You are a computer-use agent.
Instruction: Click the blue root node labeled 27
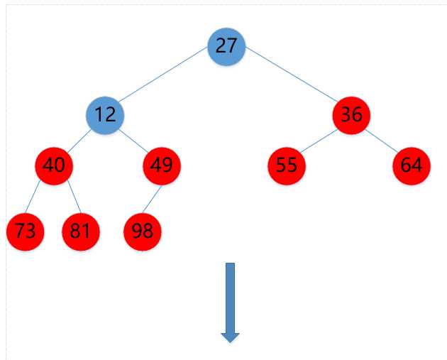[x=226, y=46]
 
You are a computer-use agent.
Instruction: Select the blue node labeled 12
[x=105, y=114]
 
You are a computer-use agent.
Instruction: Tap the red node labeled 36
[x=351, y=114]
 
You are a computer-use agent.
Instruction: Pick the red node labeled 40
[x=54, y=165]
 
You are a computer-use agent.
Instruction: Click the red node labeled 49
[x=162, y=165]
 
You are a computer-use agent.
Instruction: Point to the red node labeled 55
[x=287, y=165]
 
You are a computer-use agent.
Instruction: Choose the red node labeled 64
[x=411, y=165]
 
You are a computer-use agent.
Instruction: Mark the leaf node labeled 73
[x=25, y=231]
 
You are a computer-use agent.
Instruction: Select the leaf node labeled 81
[x=81, y=231]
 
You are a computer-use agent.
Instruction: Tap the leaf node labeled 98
[x=143, y=231]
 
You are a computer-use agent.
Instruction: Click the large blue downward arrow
[x=230, y=302]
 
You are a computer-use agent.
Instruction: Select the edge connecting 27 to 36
[x=289, y=80]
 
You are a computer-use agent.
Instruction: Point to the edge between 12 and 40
[x=79, y=140]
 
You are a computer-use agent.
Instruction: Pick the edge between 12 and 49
[x=133, y=140]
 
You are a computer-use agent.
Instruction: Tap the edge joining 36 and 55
[x=319, y=140]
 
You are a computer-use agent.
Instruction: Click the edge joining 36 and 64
[x=381, y=140]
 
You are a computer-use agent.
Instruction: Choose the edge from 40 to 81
[x=67, y=198]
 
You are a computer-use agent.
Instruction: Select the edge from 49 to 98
[x=153, y=198]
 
